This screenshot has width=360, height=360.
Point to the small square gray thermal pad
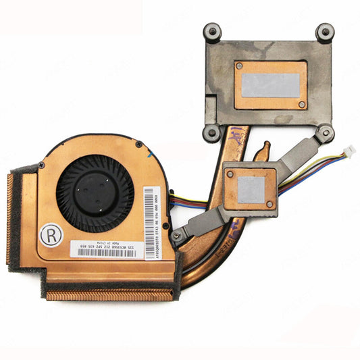point(250,190)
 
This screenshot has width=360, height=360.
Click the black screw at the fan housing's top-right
point(139,144)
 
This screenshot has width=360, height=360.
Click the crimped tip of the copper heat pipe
point(264,149)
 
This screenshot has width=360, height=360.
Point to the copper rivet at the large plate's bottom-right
point(301,104)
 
